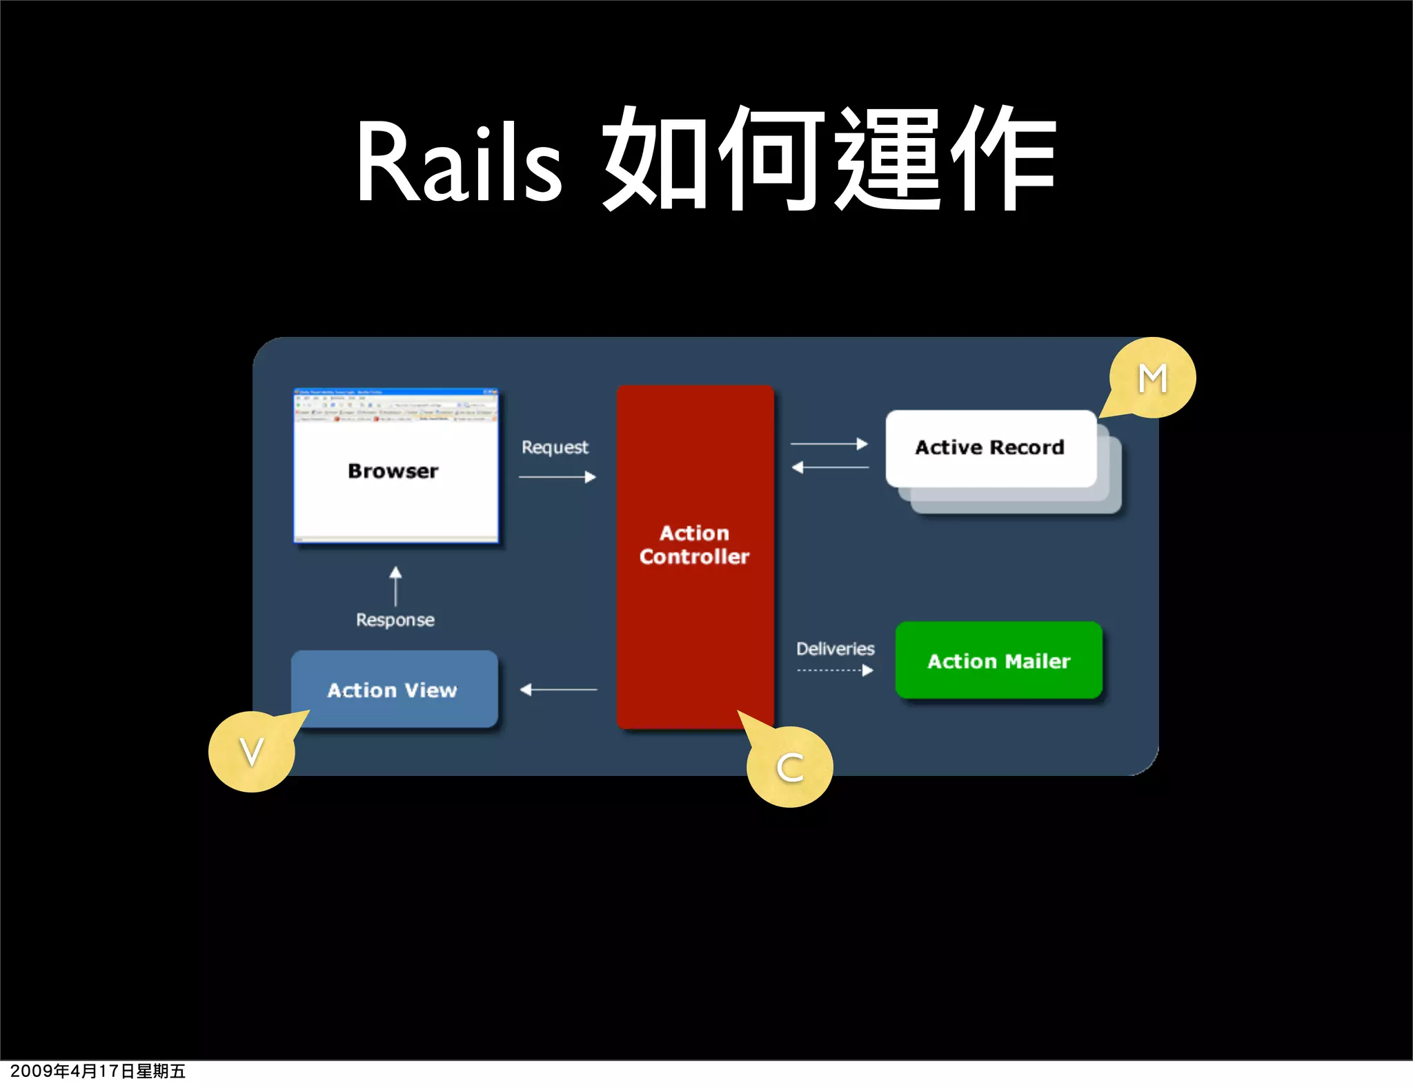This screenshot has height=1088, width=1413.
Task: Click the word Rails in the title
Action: [x=458, y=164]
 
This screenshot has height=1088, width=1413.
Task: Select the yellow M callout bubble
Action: [x=1153, y=378]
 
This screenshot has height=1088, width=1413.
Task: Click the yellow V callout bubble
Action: [x=251, y=752]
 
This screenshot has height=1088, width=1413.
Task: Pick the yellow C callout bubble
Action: [x=790, y=767]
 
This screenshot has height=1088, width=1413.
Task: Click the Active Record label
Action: [x=989, y=447]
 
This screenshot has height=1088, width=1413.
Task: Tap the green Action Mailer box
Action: [x=998, y=661]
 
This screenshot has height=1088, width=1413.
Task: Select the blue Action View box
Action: [x=393, y=690]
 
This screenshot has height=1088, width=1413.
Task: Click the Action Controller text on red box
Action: [x=694, y=545]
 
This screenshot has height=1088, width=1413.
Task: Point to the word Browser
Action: [x=393, y=471]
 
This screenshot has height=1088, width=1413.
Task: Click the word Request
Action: [x=555, y=447]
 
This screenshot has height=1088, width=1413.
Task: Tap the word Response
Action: [x=395, y=619]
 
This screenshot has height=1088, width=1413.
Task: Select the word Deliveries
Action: [x=835, y=648]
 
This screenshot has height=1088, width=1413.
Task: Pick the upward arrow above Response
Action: [x=395, y=586]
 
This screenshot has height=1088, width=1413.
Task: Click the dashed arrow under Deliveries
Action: [x=835, y=670]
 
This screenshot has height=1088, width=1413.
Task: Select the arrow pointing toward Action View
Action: [x=558, y=689]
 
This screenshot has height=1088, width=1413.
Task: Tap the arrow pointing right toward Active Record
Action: [x=829, y=444]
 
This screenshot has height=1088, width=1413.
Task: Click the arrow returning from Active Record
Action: [x=830, y=467]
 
